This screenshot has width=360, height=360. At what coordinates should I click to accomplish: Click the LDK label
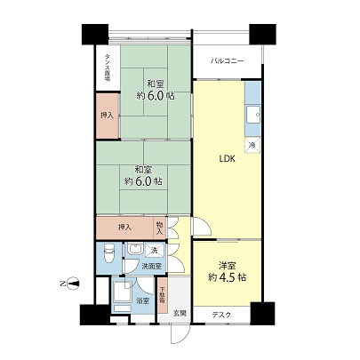pos(227,159)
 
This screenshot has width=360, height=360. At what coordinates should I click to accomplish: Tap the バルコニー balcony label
pos(228,62)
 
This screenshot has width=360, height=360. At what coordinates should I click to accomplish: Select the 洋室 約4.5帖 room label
pos(227,270)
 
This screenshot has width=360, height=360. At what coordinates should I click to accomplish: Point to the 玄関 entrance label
pos(180,313)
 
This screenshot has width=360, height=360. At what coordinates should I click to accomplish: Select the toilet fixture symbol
pos(108,255)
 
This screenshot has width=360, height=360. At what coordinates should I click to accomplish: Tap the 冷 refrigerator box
pos(252,143)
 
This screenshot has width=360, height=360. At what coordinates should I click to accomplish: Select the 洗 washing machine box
pos(153,250)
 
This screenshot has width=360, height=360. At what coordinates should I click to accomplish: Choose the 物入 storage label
pos(159,228)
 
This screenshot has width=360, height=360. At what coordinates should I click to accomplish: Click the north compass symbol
pos(75,284)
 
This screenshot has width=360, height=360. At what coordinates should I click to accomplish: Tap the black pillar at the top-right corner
pos(262,34)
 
